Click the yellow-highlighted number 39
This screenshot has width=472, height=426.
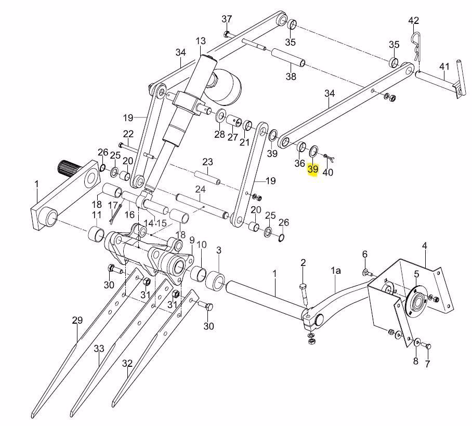pos(313,169)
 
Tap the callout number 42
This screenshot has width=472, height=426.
pos(414,21)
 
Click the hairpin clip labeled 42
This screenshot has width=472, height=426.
pos(416,45)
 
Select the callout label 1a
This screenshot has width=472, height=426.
pos(336,271)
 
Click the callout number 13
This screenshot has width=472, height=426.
pos(201,41)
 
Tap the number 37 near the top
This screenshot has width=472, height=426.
pos(227,19)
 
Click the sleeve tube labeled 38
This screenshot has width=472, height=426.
pos(289,58)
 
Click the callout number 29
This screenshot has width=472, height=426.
pos(77,321)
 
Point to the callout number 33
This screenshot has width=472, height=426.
pos(99,349)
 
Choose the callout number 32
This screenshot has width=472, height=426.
pos(127,364)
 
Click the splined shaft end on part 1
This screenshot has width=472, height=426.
pos(68,169)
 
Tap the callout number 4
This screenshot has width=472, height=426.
pos(425,246)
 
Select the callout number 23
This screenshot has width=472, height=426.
pos(207,162)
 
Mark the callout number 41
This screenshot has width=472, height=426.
pos(444,66)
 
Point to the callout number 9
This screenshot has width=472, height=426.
pos(192,240)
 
